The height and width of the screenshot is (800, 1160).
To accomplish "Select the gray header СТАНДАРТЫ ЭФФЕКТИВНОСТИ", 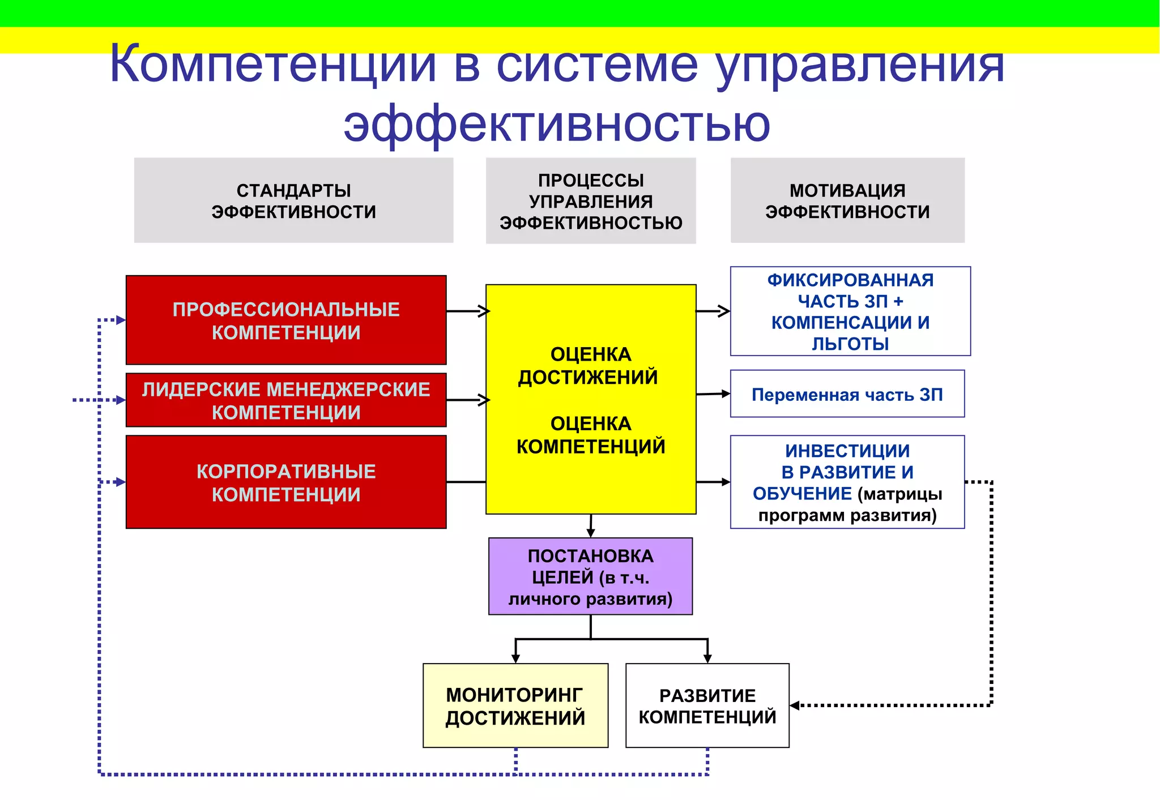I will [293, 200].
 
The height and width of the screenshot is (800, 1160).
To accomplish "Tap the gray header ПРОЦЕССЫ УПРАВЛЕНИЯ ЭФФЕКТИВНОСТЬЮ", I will [591, 201].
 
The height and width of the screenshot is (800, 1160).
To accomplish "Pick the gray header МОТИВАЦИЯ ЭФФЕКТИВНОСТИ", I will [847, 200].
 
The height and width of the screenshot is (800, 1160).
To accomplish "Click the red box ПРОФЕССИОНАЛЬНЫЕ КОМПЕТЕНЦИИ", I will [286, 320].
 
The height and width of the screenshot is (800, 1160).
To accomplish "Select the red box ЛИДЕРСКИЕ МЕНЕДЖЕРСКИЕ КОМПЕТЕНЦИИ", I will [286, 400].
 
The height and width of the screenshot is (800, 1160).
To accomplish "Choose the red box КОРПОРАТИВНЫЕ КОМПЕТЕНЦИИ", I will [286, 482].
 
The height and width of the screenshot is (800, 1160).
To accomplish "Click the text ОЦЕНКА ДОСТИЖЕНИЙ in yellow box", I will [590, 366].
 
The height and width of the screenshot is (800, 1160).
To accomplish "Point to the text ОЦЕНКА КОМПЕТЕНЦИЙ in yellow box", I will [590, 435].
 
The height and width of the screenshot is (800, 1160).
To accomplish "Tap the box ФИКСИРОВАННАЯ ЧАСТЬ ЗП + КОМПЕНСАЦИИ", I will [850, 311].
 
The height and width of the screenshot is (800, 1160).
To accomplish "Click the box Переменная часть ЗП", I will [847, 394].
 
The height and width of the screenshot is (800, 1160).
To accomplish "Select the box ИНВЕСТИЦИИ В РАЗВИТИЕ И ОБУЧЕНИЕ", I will [847, 482].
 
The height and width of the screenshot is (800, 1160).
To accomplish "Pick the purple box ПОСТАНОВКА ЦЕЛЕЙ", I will [590, 576].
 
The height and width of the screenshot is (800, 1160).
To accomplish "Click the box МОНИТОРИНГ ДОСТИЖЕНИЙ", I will [515, 705].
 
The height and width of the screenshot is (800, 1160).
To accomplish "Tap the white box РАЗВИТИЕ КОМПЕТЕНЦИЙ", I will [707, 705].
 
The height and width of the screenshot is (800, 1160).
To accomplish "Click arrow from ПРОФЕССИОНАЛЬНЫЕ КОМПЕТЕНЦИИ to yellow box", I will [467, 311].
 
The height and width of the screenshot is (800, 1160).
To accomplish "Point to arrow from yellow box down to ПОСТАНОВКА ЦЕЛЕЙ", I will [591, 526].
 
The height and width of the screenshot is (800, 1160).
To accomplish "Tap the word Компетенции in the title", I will [272, 64].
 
